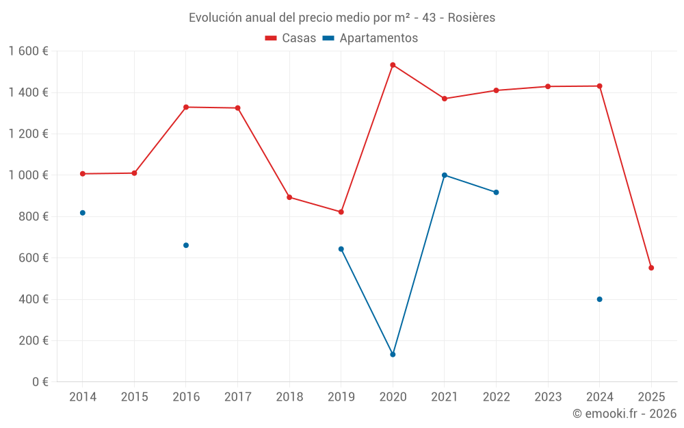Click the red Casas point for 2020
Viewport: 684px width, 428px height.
pyautogui.click(x=393, y=65)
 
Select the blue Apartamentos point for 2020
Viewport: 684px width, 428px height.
pyautogui.click(x=393, y=355)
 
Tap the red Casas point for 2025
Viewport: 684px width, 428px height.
pyautogui.click(x=651, y=268)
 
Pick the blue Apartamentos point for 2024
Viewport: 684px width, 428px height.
pyautogui.click(x=599, y=299)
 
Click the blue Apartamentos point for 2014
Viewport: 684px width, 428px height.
pyautogui.click(x=83, y=213)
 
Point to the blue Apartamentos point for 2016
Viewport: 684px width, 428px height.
pyautogui.click(x=186, y=245)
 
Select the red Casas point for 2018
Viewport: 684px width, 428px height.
pyautogui.click(x=289, y=197)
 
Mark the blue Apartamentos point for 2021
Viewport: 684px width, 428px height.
pyautogui.click(x=445, y=175)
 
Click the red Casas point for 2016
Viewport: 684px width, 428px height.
pyautogui.click(x=186, y=107)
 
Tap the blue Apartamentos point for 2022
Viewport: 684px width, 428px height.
pyautogui.click(x=496, y=192)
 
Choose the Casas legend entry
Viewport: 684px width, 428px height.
pyautogui.click(x=291, y=38)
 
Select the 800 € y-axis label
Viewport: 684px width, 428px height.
pyautogui.click(x=34, y=216)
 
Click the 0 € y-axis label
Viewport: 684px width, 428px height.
pyautogui.click(x=40, y=382)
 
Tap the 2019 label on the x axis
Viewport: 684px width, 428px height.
pyautogui.click(x=341, y=397)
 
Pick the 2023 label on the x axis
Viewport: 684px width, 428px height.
pyautogui.click(x=548, y=397)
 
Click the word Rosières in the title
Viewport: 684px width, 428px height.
pyautogui.click(x=472, y=18)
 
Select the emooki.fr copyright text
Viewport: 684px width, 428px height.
pyautogui.click(x=624, y=414)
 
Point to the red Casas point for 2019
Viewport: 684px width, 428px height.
pyautogui.click(x=341, y=212)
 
